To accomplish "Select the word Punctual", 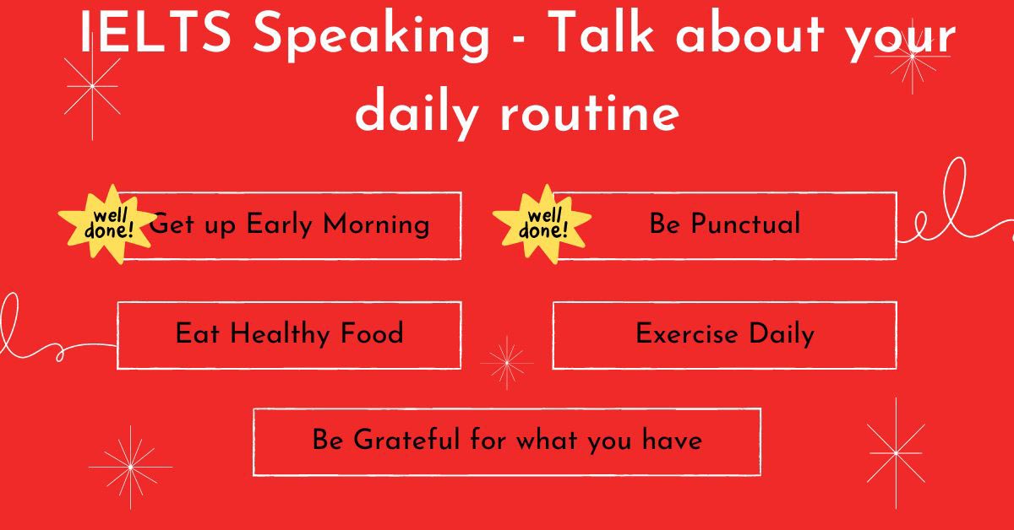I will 745,224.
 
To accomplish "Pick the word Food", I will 372,334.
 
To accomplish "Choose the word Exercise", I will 686,334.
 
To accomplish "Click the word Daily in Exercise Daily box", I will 782,334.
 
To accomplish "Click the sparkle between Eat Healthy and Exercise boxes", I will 506,363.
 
